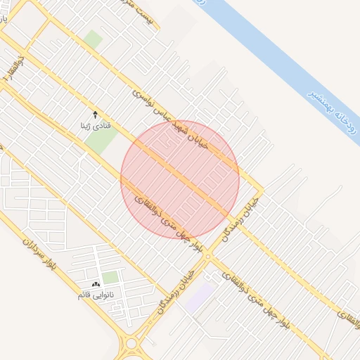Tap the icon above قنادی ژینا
point(96,114)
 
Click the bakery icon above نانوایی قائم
point(96,283)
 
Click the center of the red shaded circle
point(180,179)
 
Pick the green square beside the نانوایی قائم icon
point(110,277)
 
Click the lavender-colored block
point(200,295)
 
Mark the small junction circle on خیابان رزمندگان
point(207,255)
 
